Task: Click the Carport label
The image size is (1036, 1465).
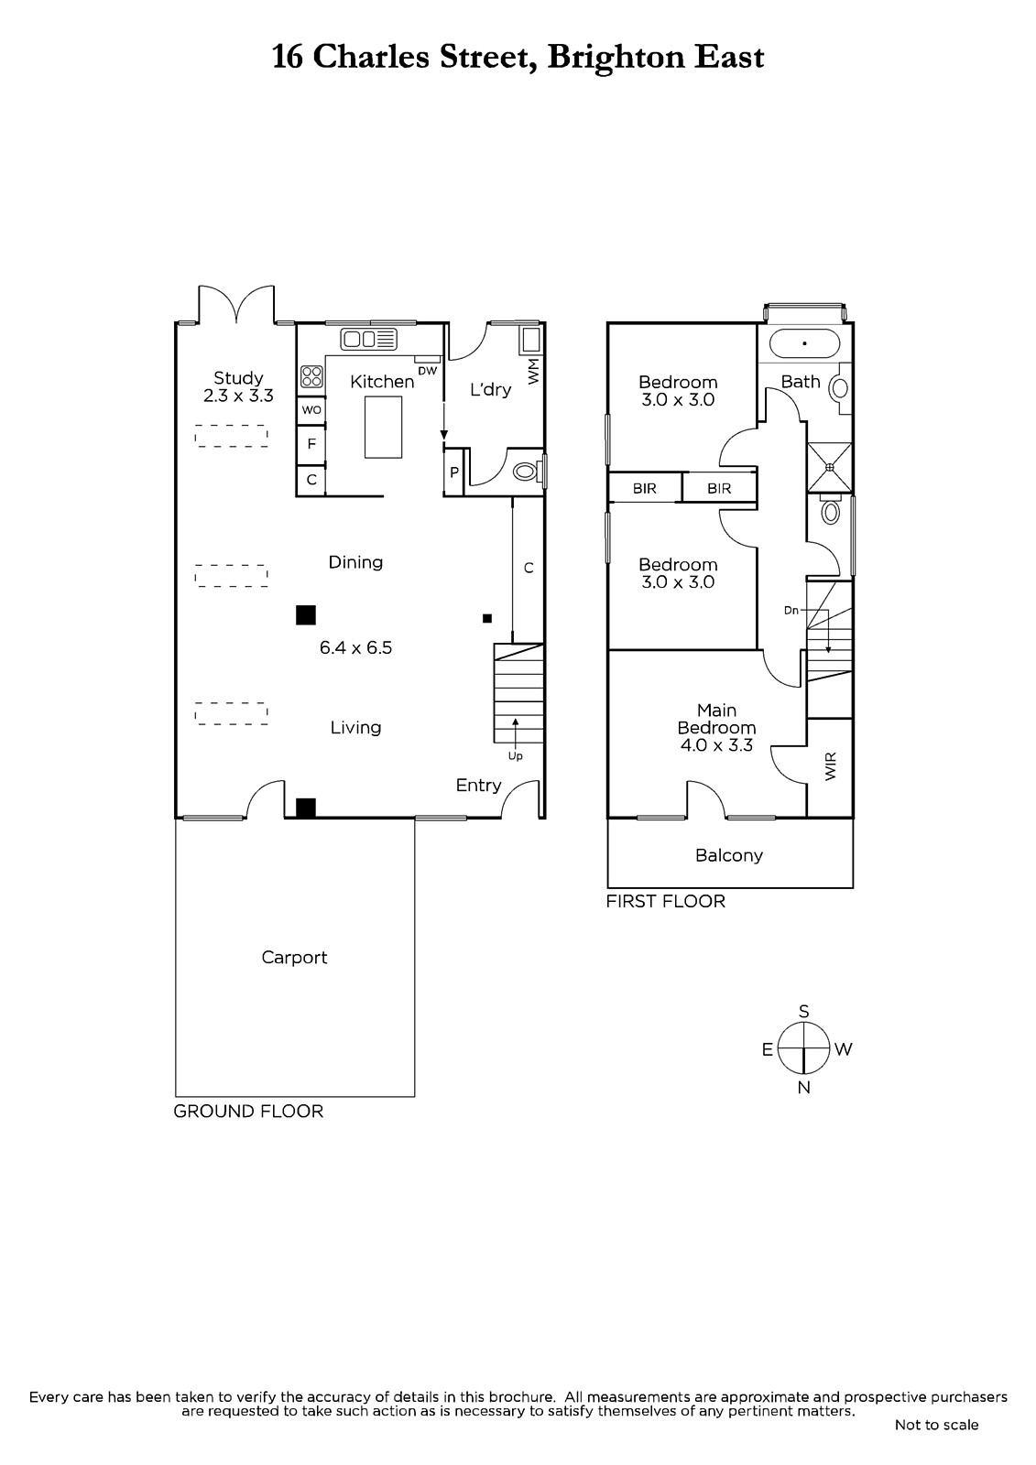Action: [x=294, y=958]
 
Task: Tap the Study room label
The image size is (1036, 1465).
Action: [x=238, y=378]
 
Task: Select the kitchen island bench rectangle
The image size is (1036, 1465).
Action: [x=384, y=428]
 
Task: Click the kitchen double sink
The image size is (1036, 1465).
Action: [x=368, y=340]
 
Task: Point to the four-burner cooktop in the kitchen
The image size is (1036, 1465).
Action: [x=311, y=376]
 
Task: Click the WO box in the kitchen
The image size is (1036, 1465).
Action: [x=311, y=410]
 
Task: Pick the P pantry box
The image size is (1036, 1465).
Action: [x=454, y=472]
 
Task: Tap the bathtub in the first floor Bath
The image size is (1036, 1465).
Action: [x=804, y=343]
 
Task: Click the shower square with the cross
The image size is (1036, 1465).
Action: [x=830, y=467]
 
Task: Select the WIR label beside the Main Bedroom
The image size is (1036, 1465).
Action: [x=831, y=766]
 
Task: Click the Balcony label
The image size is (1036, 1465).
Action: [x=729, y=855]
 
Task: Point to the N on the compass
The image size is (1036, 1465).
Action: [x=803, y=1088]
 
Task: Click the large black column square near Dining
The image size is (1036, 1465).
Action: [x=306, y=615]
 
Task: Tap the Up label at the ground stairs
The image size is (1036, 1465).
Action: [x=515, y=756]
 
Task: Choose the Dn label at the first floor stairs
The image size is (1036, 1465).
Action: [x=791, y=610]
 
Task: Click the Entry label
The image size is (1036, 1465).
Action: [x=478, y=786]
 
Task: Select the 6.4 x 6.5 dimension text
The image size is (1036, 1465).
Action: [x=355, y=647]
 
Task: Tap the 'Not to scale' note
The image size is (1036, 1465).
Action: [x=936, y=1425]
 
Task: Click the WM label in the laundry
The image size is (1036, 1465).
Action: [x=533, y=371]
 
